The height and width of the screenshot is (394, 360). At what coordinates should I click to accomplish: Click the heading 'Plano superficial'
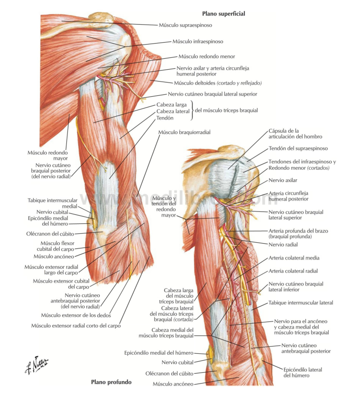pyautogui.click(x=223, y=14)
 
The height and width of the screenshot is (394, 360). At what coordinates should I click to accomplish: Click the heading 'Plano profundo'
pyautogui.click(x=111, y=382)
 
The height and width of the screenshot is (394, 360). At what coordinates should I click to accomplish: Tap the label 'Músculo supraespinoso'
pyautogui.click(x=185, y=25)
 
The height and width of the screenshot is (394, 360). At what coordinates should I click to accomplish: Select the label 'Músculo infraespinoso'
pyautogui.click(x=198, y=41)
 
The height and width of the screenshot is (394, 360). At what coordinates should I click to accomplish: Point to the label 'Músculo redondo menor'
pyautogui.click(x=207, y=56)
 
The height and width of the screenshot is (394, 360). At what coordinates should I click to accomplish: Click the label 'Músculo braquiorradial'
pyautogui.click(x=185, y=132)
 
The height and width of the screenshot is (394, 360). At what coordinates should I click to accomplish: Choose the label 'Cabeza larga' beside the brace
pyautogui.click(x=171, y=104)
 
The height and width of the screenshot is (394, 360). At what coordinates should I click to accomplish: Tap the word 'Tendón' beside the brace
pyautogui.click(x=165, y=118)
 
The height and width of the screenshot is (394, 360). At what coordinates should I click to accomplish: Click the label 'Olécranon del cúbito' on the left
pyautogui.click(x=50, y=234)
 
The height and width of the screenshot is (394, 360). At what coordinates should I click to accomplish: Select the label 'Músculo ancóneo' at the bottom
pyautogui.click(x=173, y=384)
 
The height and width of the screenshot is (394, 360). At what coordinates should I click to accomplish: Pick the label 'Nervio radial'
pyautogui.click(x=283, y=245)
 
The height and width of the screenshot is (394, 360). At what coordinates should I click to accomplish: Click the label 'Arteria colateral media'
pyautogui.click(x=294, y=258)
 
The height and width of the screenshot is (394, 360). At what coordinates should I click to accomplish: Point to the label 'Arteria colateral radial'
pyautogui.click(x=293, y=271)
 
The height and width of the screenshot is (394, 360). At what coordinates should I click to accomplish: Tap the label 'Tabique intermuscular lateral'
pyautogui.click(x=301, y=303)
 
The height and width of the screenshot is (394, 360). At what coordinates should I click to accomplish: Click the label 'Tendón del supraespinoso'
pyautogui.click(x=298, y=148)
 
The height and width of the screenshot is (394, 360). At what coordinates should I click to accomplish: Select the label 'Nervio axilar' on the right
pyautogui.click(x=283, y=180)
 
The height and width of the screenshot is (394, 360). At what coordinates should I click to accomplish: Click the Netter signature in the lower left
pyautogui.click(x=37, y=365)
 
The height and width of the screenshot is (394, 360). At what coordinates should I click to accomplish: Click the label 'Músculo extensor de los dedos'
pyautogui.click(x=76, y=315)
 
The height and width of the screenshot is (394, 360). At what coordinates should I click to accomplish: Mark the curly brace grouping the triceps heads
pyautogui.click(x=192, y=110)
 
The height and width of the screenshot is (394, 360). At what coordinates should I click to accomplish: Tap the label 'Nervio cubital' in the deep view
pyautogui.click(x=177, y=362)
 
